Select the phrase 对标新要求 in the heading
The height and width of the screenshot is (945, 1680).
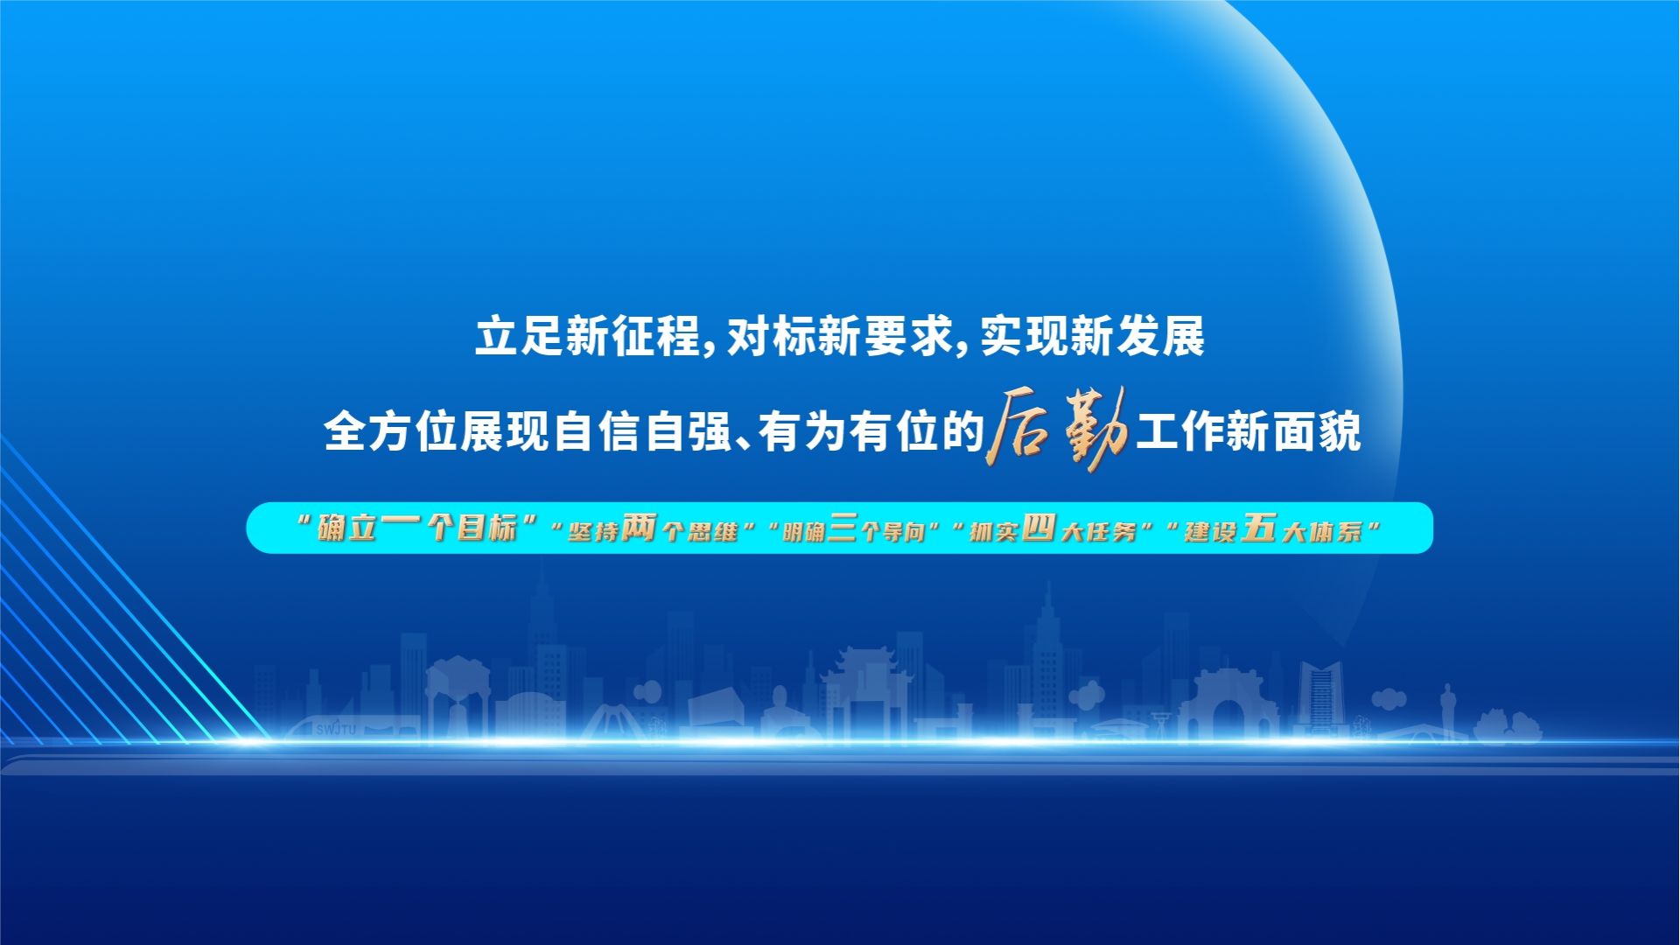click(x=840, y=336)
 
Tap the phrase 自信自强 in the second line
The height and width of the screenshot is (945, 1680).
click(x=642, y=431)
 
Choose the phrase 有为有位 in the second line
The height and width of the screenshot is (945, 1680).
click(x=849, y=431)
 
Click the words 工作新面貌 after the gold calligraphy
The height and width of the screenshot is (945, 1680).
click(x=1249, y=431)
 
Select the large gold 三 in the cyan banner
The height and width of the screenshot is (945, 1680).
click(x=842, y=527)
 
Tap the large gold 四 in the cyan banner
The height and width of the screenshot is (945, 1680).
click(x=1039, y=527)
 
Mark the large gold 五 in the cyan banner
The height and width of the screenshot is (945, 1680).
click(x=1258, y=527)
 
